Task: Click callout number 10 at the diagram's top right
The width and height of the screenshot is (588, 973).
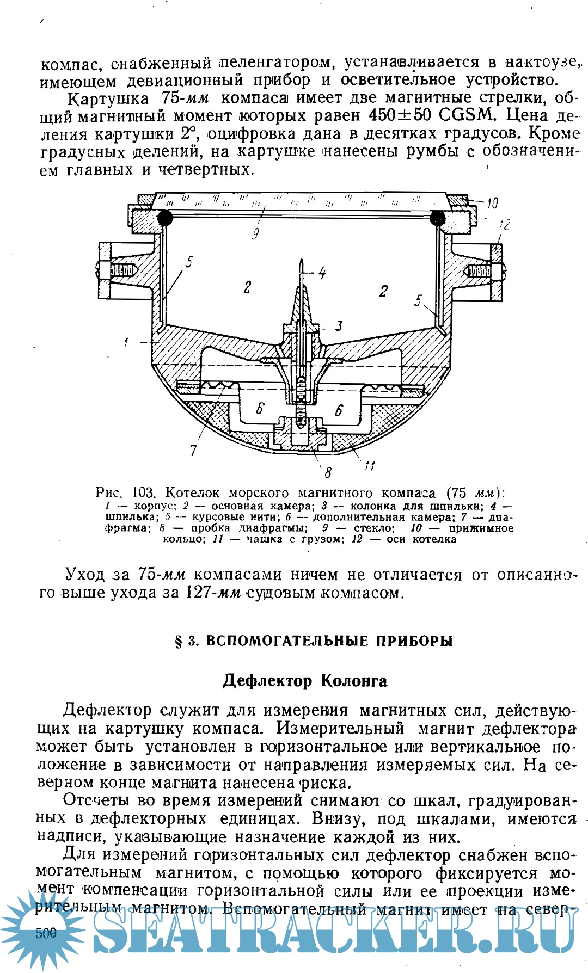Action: (492, 204)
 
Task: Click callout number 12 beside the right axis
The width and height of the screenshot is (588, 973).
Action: (505, 224)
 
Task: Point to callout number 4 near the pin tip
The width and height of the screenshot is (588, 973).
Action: (322, 273)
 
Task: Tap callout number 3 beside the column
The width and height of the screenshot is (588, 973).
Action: (339, 325)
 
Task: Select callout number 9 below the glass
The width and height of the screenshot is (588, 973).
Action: (255, 234)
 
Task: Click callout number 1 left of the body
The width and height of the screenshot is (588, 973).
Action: (126, 343)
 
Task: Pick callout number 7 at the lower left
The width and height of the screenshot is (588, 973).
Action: (193, 450)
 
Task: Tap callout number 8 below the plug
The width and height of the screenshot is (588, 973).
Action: (328, 472)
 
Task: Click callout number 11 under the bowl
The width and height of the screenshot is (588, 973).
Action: (370, 465)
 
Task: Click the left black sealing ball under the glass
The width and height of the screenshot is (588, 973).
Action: (165, 218)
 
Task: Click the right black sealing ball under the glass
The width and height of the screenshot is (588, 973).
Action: (437, 218)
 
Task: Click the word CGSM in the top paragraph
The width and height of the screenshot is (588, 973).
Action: (467, 115)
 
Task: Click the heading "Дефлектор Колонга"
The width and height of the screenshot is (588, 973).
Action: (305, 681)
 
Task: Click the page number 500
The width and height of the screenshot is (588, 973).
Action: (46, 933)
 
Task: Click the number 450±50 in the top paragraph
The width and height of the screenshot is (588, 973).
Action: (400, 115)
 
